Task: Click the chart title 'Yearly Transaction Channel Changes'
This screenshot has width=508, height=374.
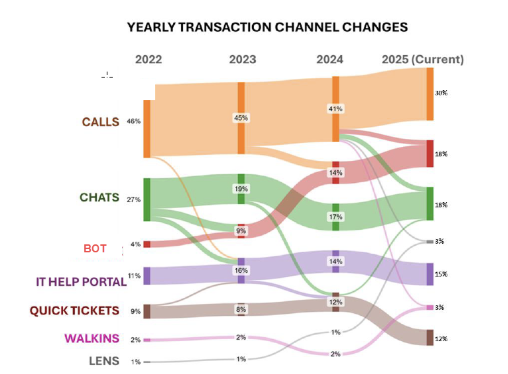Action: tap(267, 27)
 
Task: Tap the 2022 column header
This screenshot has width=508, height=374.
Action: tap(148, 59)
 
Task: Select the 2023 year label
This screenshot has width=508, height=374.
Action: tap(242, 59)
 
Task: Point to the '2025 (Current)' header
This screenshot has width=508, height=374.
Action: tap(422, 59)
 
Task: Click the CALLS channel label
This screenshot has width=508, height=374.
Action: tap(100, 122)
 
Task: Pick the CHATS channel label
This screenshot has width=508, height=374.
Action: tap(99, 197)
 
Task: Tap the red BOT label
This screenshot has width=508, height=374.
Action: tap(95, 248)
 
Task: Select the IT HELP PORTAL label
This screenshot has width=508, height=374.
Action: tap(81, 282)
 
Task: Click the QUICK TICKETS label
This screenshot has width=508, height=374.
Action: tap(74, 311)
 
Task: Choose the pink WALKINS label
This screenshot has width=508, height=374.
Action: tap(92, 338)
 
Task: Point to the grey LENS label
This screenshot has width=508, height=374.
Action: tap(104, 361)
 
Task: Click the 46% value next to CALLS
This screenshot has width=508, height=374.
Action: tap(133, 121)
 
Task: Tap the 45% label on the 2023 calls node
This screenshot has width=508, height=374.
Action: tap(241, 118)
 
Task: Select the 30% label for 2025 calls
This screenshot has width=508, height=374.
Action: tap(441, 93)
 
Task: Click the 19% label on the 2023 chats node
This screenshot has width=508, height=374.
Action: tap(241, 189)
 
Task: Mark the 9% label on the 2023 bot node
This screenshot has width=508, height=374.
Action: tap(241, 231)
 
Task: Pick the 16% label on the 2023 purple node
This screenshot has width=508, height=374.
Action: tap(241, 271)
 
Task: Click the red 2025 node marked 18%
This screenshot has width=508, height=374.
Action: tap(430, 154)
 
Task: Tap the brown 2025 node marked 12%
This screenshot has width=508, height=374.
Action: tap(430, 337)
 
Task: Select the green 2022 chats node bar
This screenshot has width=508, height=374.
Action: tap(147, 200)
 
